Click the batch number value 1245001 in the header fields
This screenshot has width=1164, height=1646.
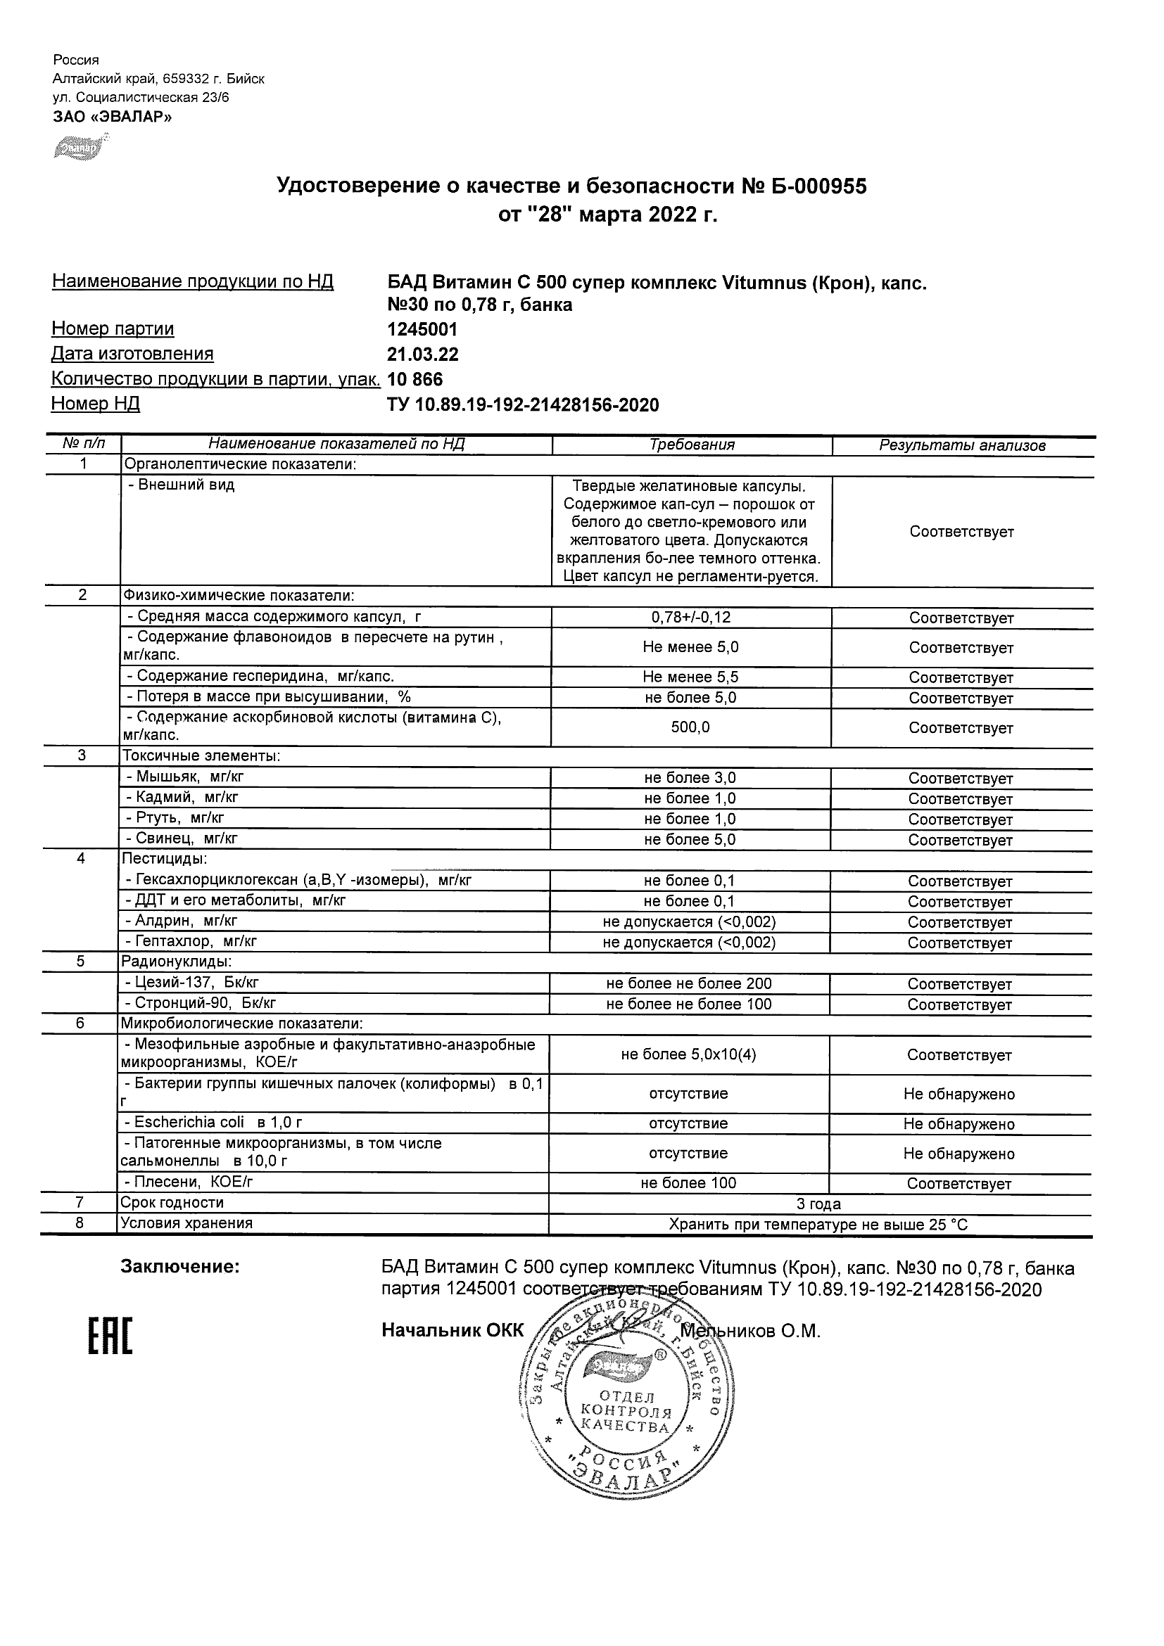[x=422, y=329]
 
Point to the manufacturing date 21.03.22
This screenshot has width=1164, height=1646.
[x=422, y=354]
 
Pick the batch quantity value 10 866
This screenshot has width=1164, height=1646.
[x=415, y=379]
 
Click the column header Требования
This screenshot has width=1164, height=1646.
[x=691, y=445]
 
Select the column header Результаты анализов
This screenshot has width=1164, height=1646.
[x=962, y=445]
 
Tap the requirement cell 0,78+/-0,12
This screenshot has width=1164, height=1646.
[x=690, y=618]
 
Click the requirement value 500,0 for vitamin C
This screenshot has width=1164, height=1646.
[x=690, y=727]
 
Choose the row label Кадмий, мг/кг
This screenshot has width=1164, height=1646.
[x=182, y=797]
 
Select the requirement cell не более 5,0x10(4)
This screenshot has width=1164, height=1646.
[x=688, y=1054]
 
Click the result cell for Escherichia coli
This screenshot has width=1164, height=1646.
[x=959, y=1123]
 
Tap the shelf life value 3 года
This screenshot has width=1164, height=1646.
[x=818, y=1204]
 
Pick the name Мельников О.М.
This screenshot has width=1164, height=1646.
[x=749, y=1332]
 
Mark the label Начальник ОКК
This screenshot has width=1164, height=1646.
[x=453, y=1331]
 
